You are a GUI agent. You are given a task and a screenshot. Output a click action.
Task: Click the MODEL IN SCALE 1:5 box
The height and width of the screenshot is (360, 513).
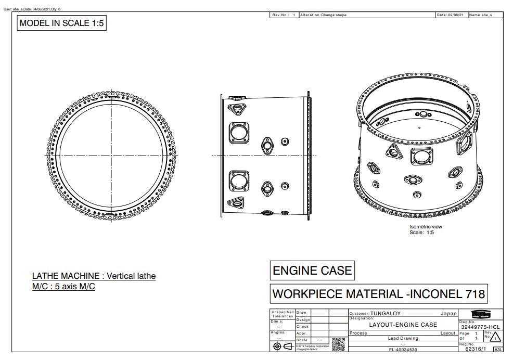pos(61,23)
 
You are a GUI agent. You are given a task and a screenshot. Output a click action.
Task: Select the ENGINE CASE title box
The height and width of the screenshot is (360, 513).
pos(312,271)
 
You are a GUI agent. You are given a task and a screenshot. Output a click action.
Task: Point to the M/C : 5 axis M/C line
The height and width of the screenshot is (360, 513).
pos(63,287)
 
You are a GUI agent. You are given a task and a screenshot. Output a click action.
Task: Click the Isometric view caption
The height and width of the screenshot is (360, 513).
pos(426,227)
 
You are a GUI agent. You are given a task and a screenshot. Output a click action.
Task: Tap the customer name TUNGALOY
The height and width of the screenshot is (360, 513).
pos(386,314)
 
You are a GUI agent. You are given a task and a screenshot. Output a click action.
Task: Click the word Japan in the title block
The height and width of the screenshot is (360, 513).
pos(448,314)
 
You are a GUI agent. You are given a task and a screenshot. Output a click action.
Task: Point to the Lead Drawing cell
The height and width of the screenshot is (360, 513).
pos(403,338)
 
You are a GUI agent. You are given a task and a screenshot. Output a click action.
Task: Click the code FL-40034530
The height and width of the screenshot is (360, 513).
pos(403,350)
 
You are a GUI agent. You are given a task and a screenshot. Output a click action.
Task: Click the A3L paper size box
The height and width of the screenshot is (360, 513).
pos(498,350)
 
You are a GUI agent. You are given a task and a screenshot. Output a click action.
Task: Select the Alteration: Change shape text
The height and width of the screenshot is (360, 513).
pos(323,15)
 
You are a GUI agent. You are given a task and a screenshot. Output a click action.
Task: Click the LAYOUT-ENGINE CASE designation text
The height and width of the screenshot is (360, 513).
pos(403,325)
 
